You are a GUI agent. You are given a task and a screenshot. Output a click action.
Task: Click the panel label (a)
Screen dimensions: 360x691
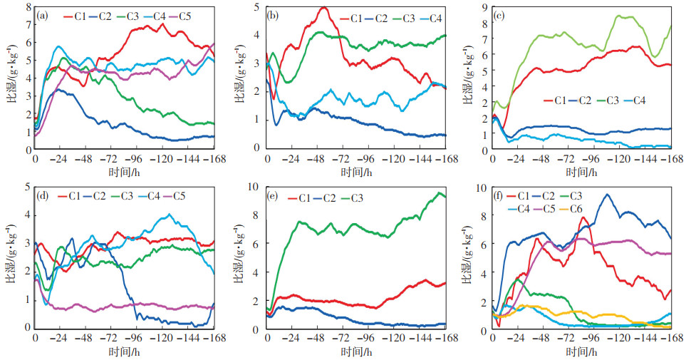point(43,15)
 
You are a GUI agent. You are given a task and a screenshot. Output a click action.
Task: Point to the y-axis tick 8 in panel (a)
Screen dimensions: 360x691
point(28,8)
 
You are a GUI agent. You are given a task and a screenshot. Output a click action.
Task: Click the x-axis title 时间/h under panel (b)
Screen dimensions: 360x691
point(355,172)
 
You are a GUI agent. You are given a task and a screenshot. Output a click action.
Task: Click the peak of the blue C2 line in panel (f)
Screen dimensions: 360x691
point(608,194)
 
